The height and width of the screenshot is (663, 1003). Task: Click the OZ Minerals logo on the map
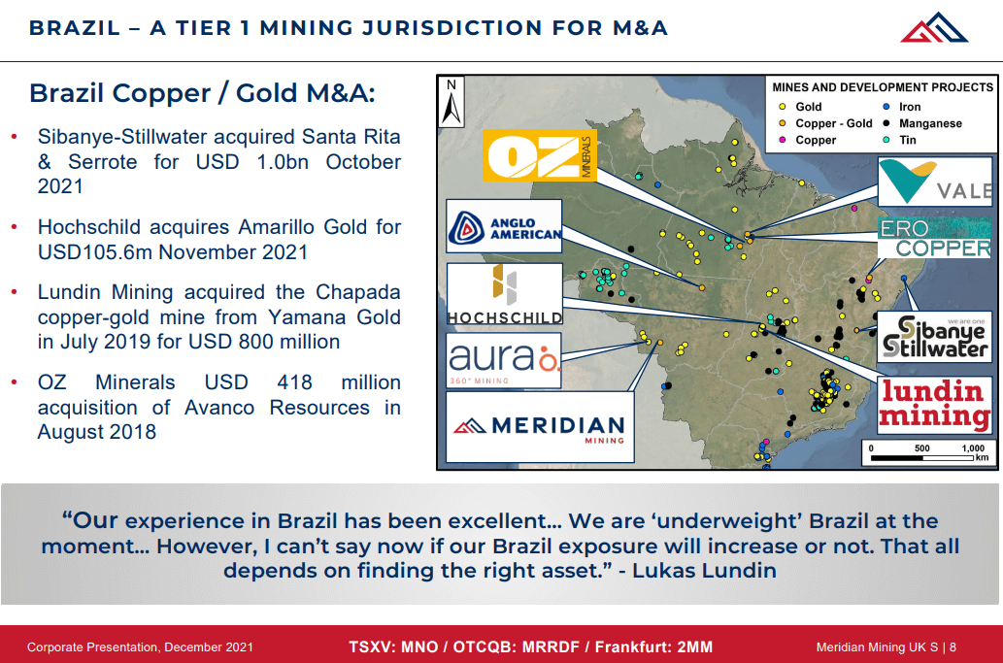tap(540, 157)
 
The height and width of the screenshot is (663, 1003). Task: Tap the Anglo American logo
tap(504, 226)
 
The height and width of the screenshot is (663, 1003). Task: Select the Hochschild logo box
tap(504, 293)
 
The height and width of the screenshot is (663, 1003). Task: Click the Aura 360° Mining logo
tap(504, 360)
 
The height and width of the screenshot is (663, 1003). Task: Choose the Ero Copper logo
tap(935, 239)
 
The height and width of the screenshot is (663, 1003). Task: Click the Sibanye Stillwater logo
tap(934, 336)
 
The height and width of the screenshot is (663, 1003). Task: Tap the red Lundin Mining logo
tap(934, 405)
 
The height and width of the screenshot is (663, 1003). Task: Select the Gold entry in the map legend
tap(808, 107)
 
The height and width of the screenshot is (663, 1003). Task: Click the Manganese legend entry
tap(930, 123)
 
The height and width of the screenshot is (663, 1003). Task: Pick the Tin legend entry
tap(908, 140)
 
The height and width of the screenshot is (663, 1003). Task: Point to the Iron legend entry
tap(910, 107)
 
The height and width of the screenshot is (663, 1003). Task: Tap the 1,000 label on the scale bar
tap(972, 448)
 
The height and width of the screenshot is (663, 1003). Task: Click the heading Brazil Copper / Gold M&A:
tap(202, 93)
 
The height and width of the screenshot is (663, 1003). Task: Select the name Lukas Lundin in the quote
tap(704, 570)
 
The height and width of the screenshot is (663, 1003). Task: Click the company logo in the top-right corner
tap(934, 27)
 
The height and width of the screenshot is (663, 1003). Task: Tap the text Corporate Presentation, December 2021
tap(140, 646)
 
